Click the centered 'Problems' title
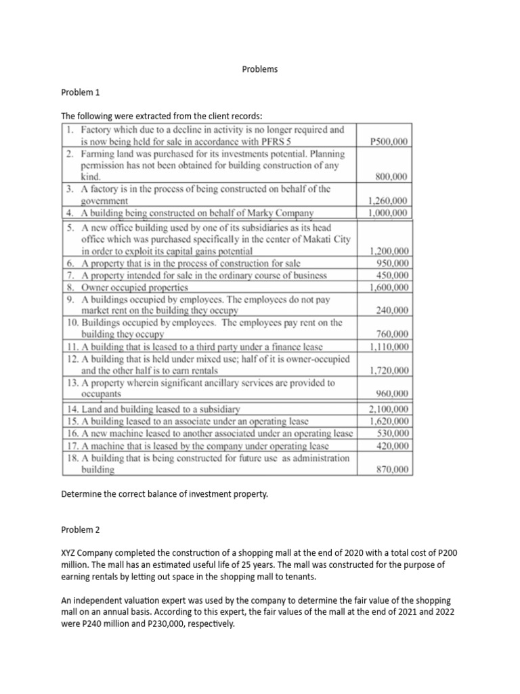pos(260,69)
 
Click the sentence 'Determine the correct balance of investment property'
pos(165,494)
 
